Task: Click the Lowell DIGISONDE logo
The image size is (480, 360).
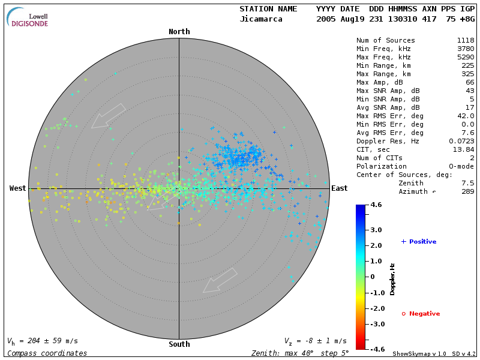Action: click(x=28, y=18)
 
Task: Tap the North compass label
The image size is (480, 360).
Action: click(x=179, y=32)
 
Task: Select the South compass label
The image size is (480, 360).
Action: click(x=179, y=344)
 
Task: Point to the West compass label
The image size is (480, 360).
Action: click(x=17, y=188)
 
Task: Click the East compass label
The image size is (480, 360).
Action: click(x=339, y=188)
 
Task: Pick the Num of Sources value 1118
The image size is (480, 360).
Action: click(x=466, y=40)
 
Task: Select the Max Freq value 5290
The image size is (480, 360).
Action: click(x=466, y=57)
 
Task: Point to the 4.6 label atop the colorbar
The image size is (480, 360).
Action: click(x=376, y=205)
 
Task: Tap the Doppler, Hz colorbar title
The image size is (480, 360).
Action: click(x=392, y=279)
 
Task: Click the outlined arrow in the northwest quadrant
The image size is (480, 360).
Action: click(x=109, y=115)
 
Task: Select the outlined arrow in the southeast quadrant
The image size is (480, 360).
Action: click(x=220, y=280)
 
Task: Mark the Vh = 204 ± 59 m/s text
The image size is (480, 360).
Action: click(x=42, y=341)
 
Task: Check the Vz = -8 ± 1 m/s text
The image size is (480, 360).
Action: click(x=315, y=341)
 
